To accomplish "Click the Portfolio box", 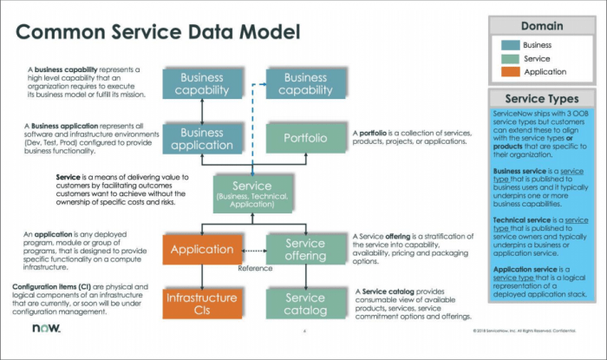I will (x=306, y=138).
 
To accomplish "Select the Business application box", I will (x=202, y=138).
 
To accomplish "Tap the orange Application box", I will (x=202, y=250).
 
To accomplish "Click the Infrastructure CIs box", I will (x=202, y=304).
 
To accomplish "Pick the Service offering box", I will (x=306, y=250).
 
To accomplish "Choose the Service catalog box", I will (x=306, y=304).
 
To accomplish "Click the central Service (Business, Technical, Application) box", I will (x=254, y=193).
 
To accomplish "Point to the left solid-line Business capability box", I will (x=202, y=83).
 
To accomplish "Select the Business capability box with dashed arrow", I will (x=306, y=83).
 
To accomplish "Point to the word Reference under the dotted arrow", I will (x=254, y=267).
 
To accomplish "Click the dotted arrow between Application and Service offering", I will (x=254, y=251).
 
